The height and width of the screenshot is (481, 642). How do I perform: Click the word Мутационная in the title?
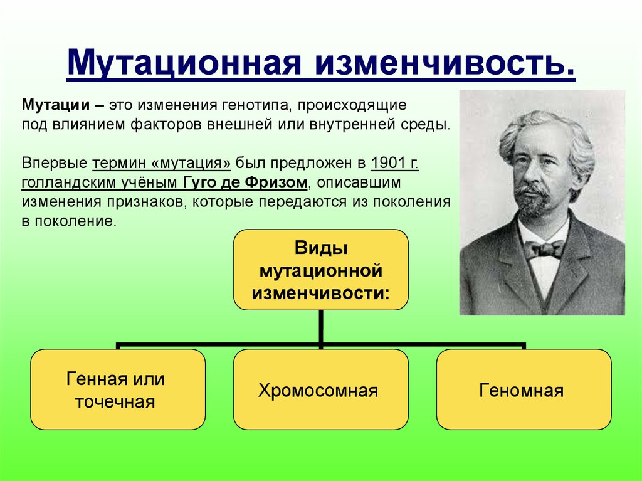pyautogui.click(x=184, y=62)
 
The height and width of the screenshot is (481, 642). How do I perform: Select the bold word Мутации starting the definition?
pyautogui.click(x=56, y=105)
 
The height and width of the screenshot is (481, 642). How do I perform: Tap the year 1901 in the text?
pyautogui.click(x=387, y=162)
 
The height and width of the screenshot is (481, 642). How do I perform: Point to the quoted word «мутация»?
pyautogui.click(x=191, y=163)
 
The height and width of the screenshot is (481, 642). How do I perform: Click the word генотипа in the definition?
pyautogui.click(x=256, y=105)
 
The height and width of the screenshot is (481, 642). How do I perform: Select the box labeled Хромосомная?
pyautogui.click(x=321, y=389)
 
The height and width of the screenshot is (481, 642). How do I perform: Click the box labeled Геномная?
pyautogui.click(x=524, y=389)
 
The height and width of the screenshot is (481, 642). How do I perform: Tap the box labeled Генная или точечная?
pyautogui.click(x=118, y=389)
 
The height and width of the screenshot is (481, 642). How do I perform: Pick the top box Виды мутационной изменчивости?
pyautogui.click(x=321, y=270)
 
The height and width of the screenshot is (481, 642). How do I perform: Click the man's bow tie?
pyautogui.click(x=544, y=249)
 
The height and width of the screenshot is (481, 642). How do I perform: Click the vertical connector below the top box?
pyautogui.click(x=321, y=327)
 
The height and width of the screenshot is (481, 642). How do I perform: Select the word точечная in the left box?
pyautogui.click(x=115, y=402)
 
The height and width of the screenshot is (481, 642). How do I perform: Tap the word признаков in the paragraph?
pyautogui.click(x=145, y=202)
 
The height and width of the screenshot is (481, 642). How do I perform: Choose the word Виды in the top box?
pyautogui.click(x=321, y=248)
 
